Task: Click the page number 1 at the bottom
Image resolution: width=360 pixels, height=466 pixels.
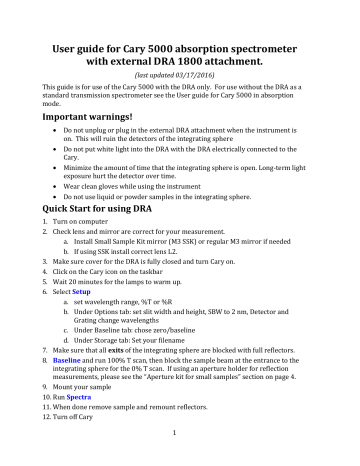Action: (180, 460)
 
